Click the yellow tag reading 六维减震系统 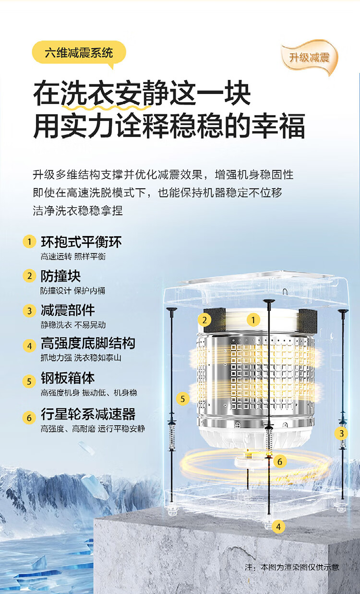tap(79, 53)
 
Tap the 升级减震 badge tap(309, 57)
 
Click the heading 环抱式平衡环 tap(81, 242)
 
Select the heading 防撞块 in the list tap(60, 276)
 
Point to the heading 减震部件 tap(68, 310)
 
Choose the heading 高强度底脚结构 tap(88, 343)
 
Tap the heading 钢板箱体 tap(68, 378)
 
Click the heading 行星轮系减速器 tap(88, 414)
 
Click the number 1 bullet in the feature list tap(29, 241)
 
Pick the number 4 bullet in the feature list tap(29, 346)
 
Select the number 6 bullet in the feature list tap(29, 417)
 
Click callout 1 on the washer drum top tap(253, 320)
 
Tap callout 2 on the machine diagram tap(204, 320)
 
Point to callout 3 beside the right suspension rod tap(341, 433)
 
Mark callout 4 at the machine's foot tap(278, 526)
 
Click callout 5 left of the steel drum tap(183, 399)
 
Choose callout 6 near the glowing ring tap(280, 462)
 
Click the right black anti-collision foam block tap(308, 321)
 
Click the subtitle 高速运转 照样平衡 tap(73, 257)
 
